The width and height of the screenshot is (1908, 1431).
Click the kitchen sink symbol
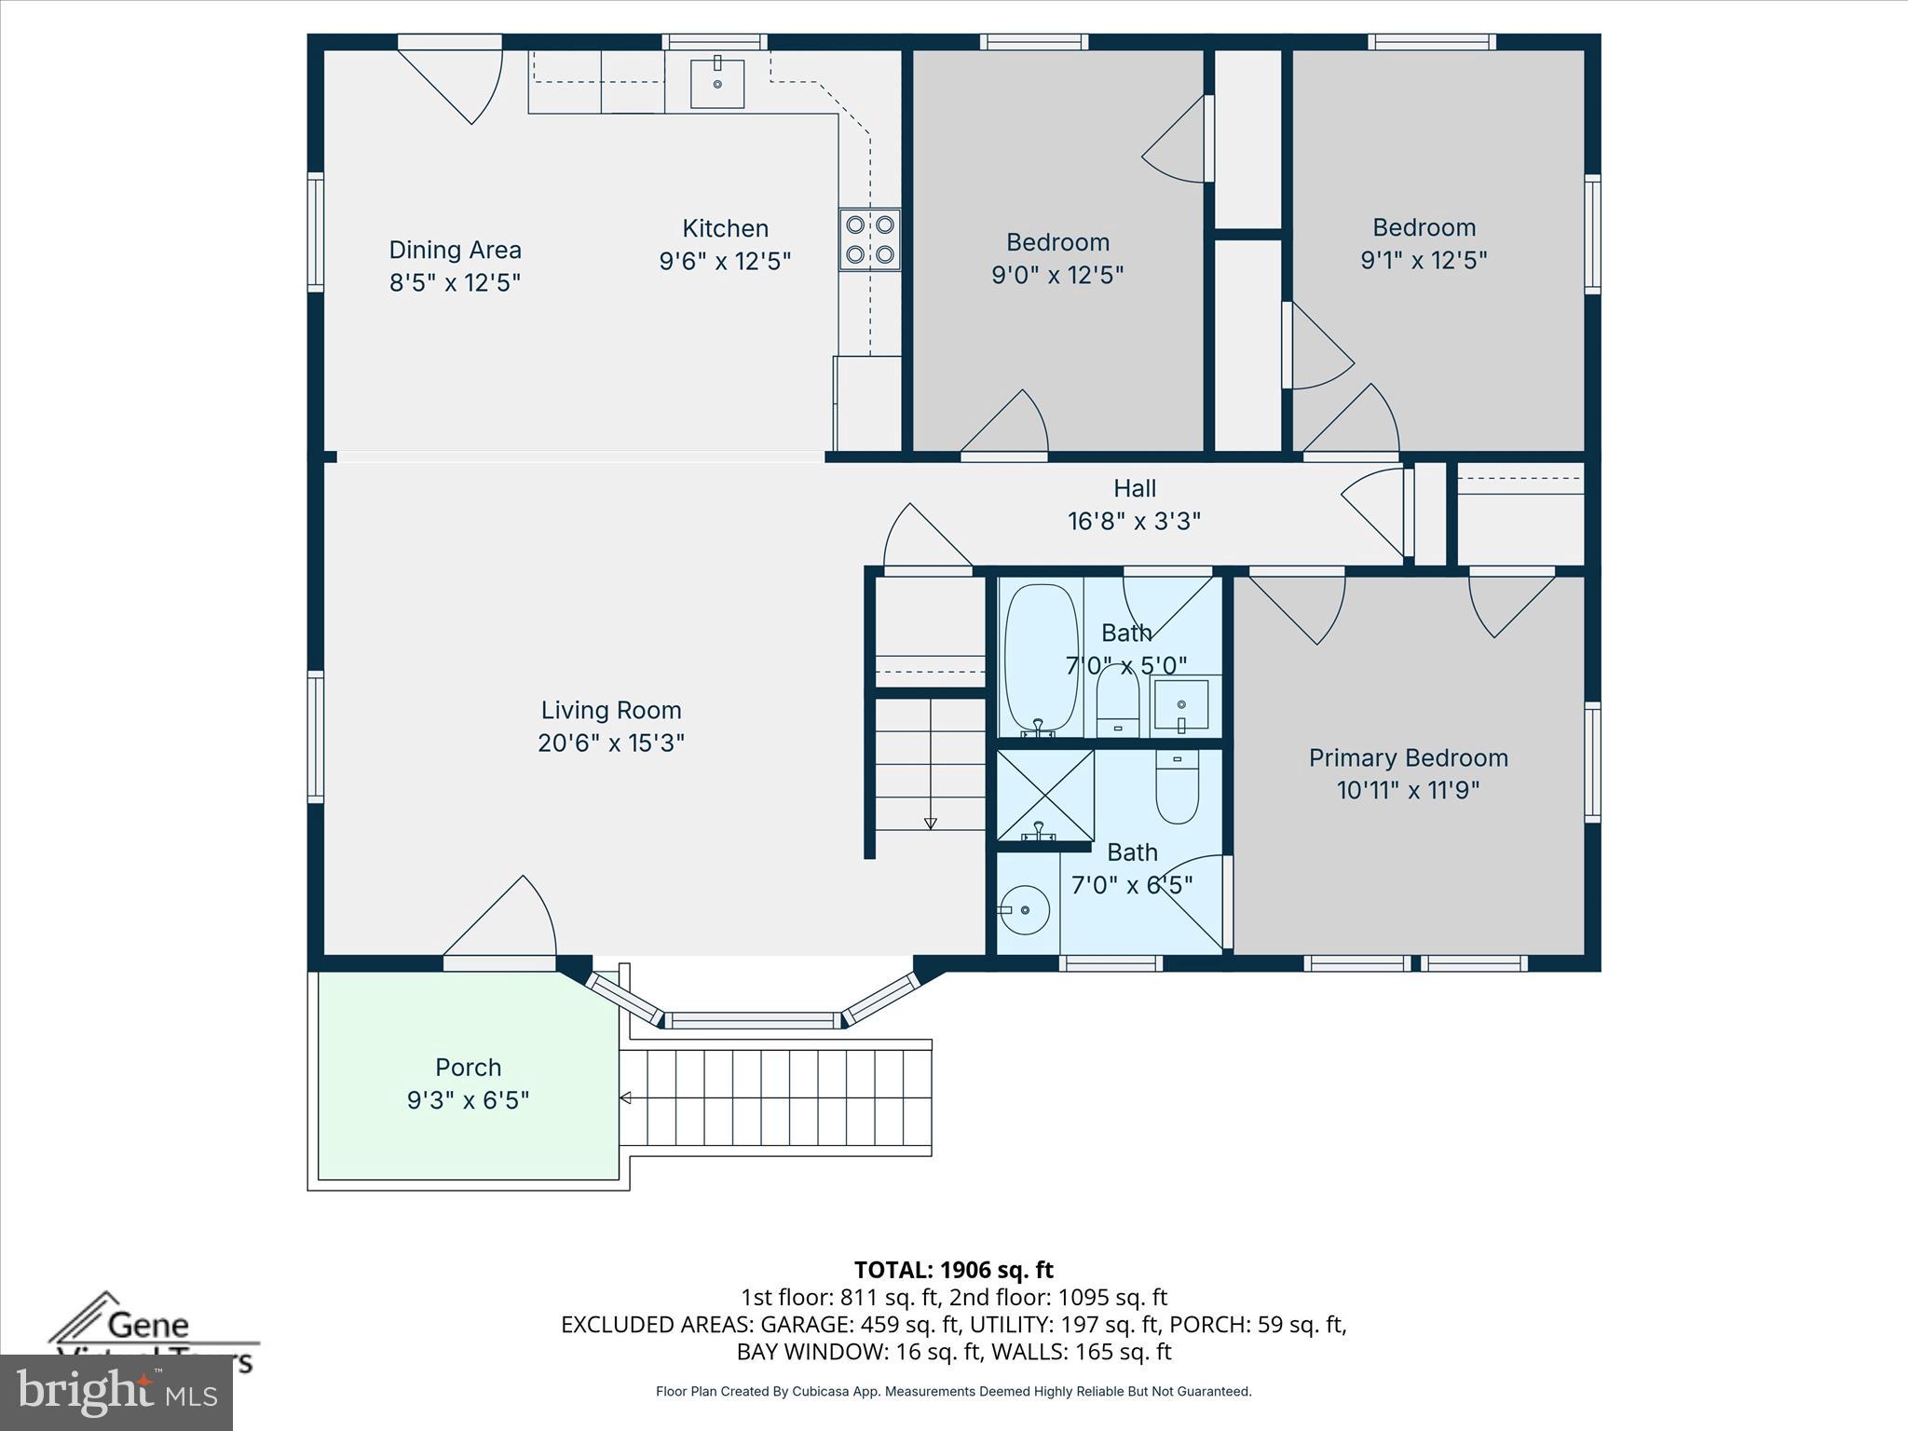(717, 84)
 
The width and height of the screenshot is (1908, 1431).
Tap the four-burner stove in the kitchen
(869, 239)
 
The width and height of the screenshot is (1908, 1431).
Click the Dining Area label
(455, 250)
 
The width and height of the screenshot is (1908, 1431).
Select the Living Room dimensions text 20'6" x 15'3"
(611, 743)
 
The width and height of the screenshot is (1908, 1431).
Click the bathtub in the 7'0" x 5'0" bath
(1041, 657)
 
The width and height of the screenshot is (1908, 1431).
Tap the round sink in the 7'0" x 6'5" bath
(1024, 909)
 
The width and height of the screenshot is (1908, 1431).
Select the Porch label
(468, 1067)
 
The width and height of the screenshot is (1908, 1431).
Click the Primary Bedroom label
(1408, 757)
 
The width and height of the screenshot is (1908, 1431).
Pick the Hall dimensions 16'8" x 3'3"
(1134, 521)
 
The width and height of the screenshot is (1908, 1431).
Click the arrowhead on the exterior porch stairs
(625, 1098)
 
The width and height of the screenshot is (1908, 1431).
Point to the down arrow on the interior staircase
(930, 823)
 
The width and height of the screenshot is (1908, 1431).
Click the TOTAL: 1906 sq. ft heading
(953, 1270)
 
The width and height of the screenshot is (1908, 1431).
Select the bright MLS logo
(116, 1392)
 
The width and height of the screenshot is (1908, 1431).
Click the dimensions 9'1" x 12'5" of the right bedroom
(1424, 260)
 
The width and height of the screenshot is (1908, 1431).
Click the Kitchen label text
(725, 228)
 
